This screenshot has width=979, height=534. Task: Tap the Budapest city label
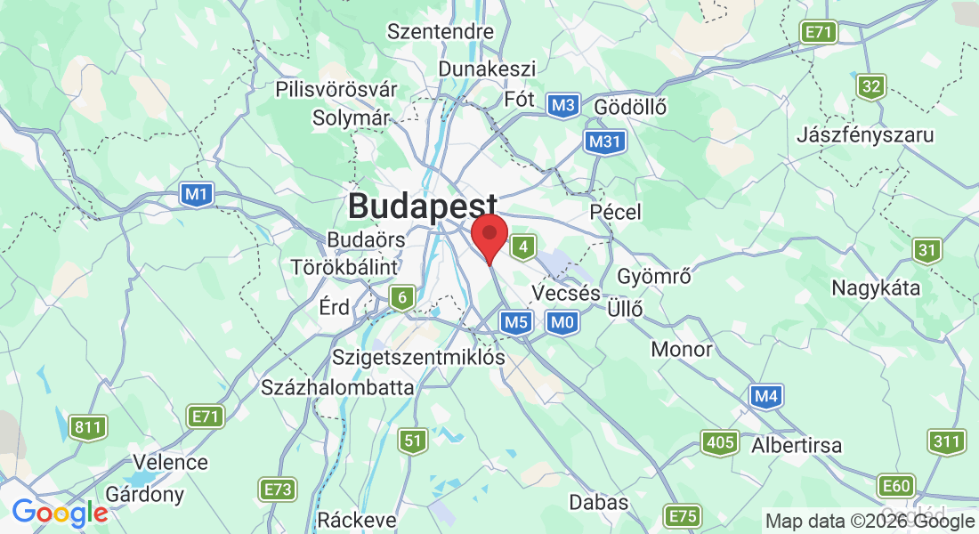[x=422, y=206]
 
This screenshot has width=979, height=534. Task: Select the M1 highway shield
[x=196, y=193]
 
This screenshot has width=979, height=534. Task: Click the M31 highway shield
[x=606, y=142]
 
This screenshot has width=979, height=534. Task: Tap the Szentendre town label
[x=440, y=32]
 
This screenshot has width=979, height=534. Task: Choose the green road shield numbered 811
[x=88, y=428]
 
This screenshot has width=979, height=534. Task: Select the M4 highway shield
[x=767, y=396]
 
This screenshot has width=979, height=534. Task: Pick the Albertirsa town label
[x=797, y=445]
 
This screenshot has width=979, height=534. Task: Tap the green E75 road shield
[x=683, y=516]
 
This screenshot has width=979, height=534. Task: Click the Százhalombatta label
[x=337, y=387]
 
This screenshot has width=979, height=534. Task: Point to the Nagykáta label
[x=876, y=287]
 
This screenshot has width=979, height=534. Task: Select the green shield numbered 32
[x=872, y=86]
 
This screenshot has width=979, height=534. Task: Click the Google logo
[x=60, y=513]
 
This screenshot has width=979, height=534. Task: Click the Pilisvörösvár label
[x=336, y=90]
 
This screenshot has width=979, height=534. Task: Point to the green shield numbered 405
[x=719, y=442]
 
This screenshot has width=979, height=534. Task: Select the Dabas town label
[x=599, y=503]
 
